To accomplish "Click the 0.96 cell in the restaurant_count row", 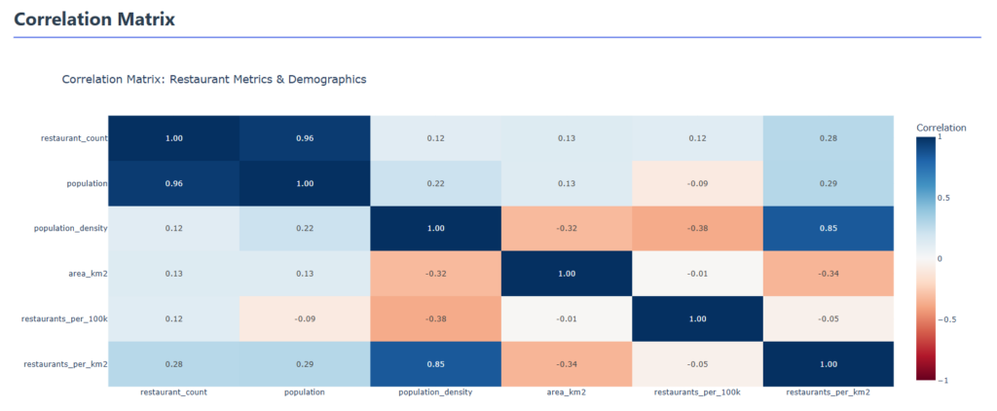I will point(305,138).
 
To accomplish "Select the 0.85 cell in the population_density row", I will point(828,228).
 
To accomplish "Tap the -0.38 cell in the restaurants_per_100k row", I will point(435,318).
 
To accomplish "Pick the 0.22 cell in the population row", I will point(435,183).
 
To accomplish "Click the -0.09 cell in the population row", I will point(697,183).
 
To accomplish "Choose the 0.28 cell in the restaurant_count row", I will point(828,138).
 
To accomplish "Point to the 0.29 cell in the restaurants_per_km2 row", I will point(305,363).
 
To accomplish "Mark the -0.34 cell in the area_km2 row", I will point(828,274).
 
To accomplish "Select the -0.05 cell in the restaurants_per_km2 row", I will point(697,363).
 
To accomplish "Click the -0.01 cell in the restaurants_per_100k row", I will point(567,318).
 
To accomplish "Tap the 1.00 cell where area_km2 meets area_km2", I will point(567,274).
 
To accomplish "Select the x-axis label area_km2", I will point(567,392).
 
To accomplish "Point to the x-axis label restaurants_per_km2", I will point(828,392).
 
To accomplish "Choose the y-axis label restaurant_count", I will point(74,138).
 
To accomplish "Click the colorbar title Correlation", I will point(942,128).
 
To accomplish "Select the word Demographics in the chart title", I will point(327,79).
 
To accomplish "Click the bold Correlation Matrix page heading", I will point(94,19).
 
